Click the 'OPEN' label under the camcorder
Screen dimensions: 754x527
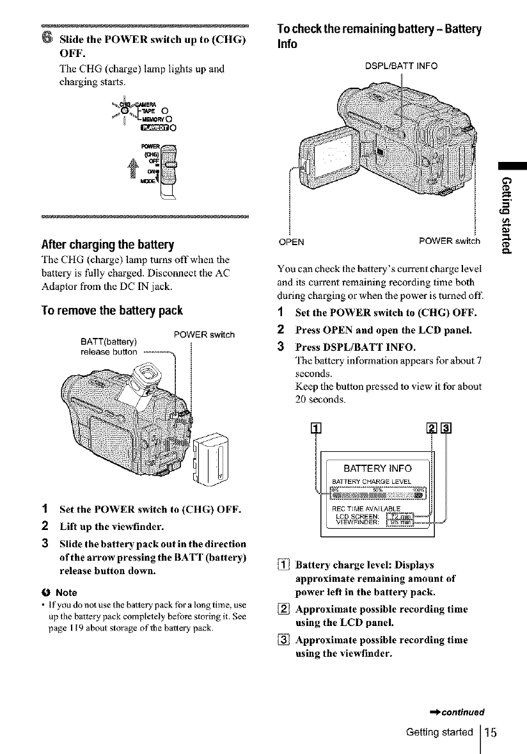coord(292,241)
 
